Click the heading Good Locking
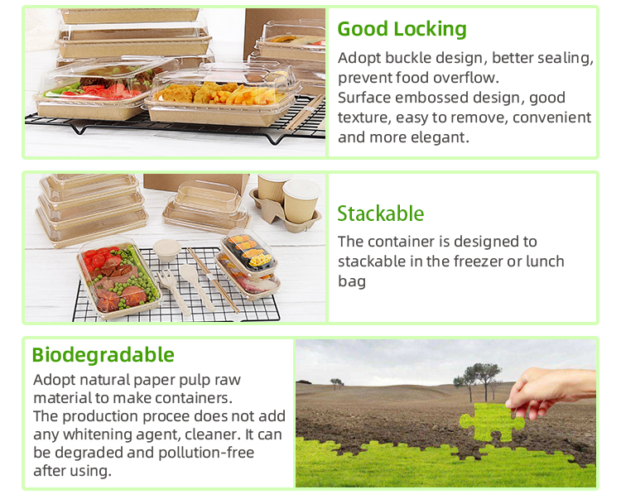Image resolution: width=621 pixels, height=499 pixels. [x=402, y=30]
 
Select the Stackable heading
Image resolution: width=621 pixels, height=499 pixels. [x=381, y=214]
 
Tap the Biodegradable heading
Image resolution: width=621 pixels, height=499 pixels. [x=103, y=355]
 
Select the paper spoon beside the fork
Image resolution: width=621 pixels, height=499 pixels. [x=197, y=285]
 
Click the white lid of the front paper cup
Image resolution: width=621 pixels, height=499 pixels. [x=301, y=190]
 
